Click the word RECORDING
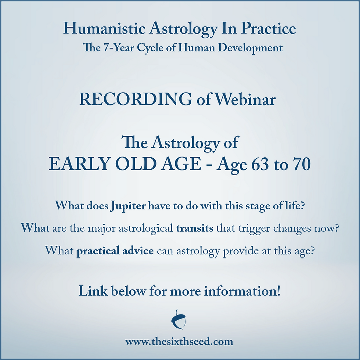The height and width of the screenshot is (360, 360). click(x=136, y=100)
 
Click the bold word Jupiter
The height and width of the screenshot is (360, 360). click(x=128, y=206)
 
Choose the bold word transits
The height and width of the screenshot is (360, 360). click(x=195, y=228)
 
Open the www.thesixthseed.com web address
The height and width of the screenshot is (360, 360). click(x=179, y=342)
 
